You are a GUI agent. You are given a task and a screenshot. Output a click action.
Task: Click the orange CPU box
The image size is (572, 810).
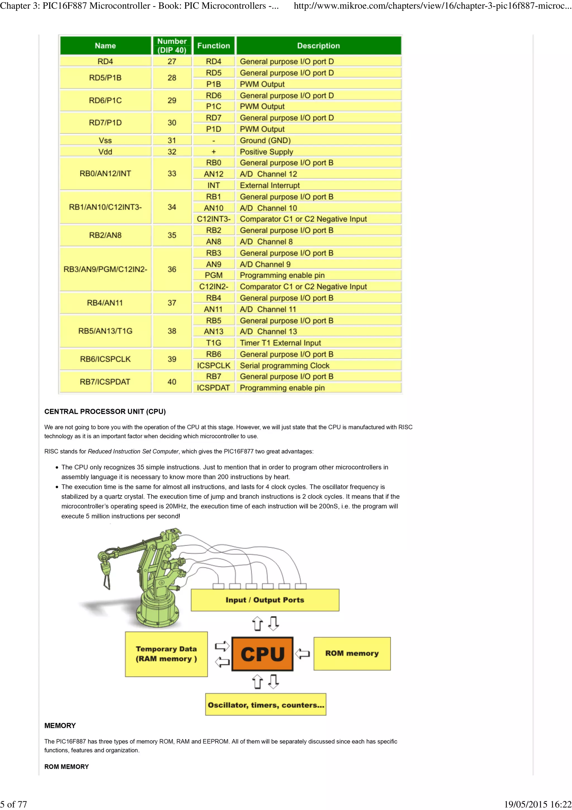262,654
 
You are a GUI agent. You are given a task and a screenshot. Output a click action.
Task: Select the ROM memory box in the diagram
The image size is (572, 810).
352,653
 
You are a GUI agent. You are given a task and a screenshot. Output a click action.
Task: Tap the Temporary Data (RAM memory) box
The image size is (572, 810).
166,654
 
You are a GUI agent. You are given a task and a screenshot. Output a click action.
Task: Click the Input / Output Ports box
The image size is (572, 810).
265,600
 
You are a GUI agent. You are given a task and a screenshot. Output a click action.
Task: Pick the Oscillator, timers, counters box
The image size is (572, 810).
265,705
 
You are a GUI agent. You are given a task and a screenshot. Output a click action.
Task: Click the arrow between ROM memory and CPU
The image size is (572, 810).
302,653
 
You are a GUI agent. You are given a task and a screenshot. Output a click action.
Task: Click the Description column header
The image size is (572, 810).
318,46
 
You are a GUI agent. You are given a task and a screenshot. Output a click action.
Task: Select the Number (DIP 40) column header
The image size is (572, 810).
172,46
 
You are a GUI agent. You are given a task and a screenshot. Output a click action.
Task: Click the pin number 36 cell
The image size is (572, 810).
172,269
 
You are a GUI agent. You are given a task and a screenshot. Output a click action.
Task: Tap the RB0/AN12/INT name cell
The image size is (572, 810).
105,174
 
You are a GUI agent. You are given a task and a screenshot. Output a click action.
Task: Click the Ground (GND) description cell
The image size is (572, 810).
265,140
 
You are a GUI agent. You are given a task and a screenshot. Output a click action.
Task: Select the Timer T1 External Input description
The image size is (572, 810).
280,343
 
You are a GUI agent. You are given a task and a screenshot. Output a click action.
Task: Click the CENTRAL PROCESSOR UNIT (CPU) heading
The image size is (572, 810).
105,411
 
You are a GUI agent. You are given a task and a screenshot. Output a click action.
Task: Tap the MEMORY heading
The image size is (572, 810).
60,725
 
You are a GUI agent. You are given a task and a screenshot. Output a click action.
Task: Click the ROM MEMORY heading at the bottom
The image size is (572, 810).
66,767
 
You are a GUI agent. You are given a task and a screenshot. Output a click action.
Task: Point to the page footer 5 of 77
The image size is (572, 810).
13,804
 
